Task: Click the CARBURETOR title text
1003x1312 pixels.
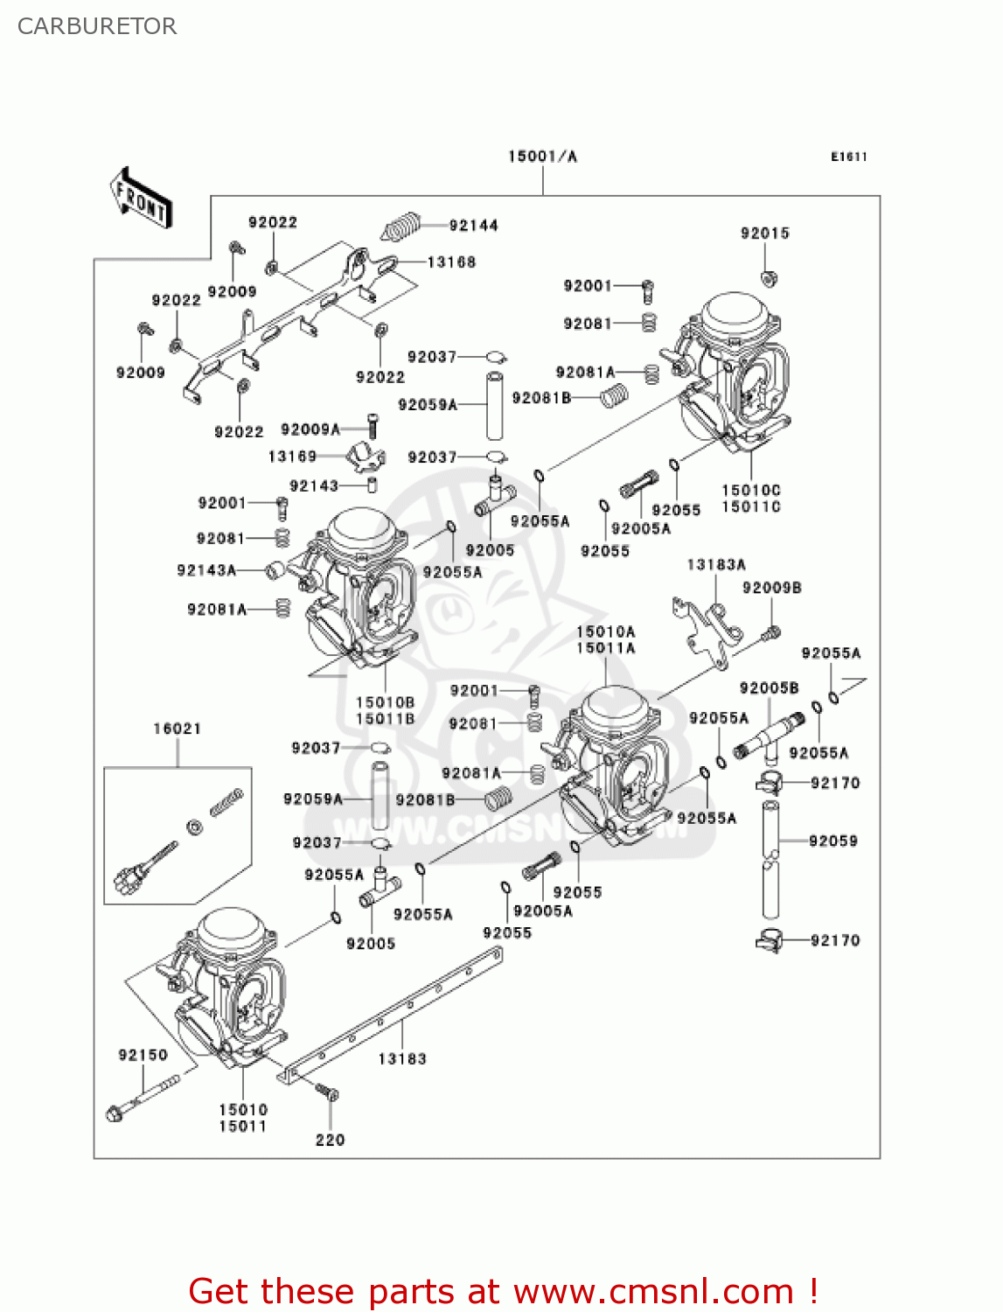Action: tap(97, 26)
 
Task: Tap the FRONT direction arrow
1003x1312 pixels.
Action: tap(140, 199)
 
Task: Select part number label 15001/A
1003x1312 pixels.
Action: tap(542, 157)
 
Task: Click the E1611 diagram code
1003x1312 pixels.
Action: tap(848, 157)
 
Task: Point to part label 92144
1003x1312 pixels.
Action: tap(473, 226)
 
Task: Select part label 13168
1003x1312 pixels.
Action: tap(451, 262)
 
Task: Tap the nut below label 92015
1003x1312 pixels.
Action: tap(769, 279)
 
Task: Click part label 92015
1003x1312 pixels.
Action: tap(764, 233)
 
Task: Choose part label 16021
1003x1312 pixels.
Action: tap(177, 729)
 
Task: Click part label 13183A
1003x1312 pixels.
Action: tap(716, 565)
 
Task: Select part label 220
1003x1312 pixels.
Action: tap(330, 1140)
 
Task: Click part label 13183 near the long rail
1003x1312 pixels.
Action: tap(401, 1058)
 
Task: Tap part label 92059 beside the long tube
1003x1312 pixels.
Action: tap(832, 841)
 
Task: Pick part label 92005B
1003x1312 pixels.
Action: tap(769, 688)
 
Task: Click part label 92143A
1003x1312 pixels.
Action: tap(206, 570)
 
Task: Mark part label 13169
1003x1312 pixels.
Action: tap(292, 457)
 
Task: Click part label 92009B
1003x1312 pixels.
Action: tap(771, 588)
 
